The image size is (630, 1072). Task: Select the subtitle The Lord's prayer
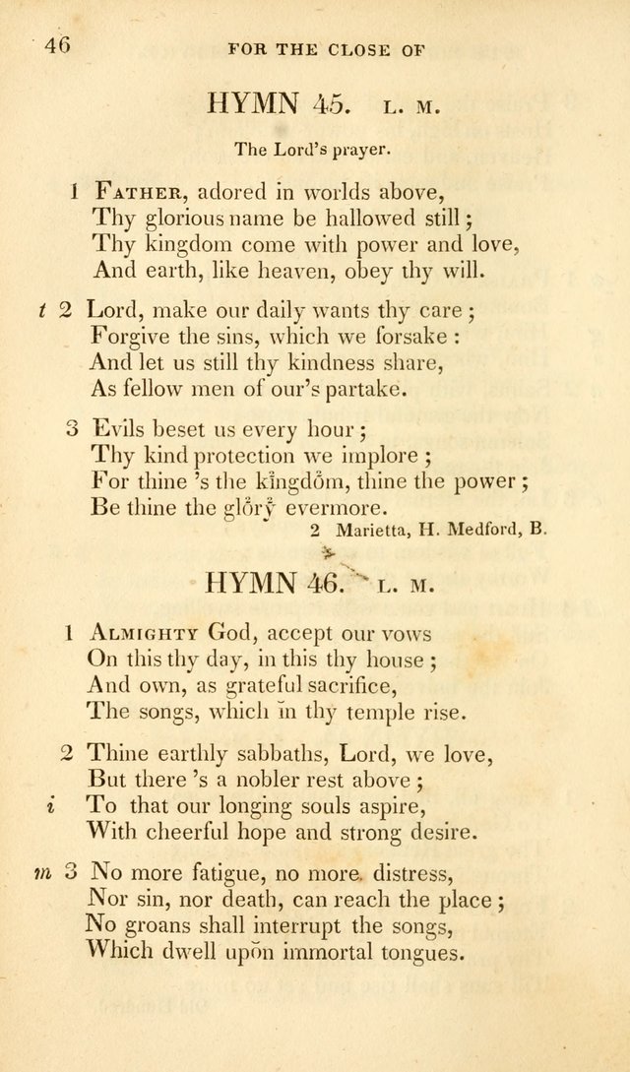[x=314, y=151]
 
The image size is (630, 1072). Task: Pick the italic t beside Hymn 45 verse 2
[x=42, y=310]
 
